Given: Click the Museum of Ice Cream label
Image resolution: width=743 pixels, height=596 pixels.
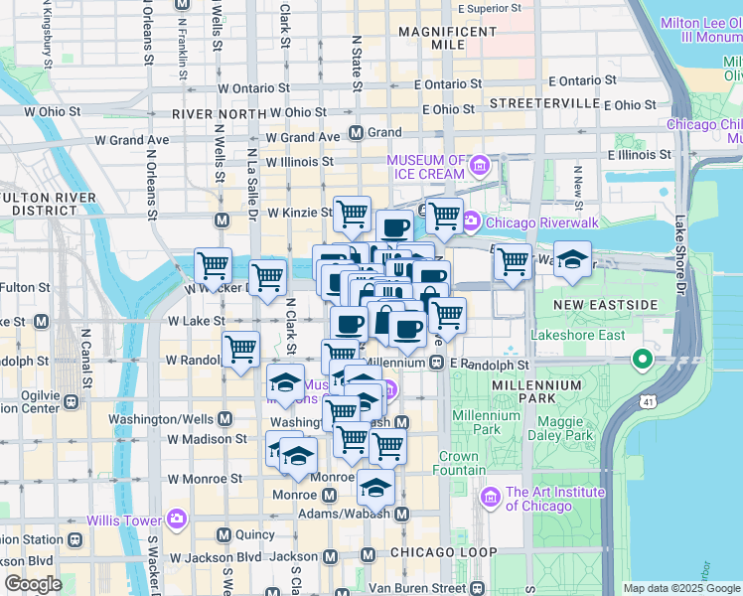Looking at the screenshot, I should coord(425,167).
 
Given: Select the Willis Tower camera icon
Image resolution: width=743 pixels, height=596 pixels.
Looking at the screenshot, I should coord(177,519).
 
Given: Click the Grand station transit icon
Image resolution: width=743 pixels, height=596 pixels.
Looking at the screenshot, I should coord(357,133).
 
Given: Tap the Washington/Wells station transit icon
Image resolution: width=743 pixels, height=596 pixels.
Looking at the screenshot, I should coord(224,419).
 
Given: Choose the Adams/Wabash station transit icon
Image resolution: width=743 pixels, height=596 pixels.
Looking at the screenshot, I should coord(402,515).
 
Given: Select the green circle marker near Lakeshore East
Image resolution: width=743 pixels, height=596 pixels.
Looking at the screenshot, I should coord(643,359).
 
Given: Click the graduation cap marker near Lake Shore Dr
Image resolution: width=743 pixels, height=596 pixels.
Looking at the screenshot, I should coord(572,259).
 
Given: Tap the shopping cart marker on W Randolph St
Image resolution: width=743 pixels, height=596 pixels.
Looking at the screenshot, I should coord(240,350).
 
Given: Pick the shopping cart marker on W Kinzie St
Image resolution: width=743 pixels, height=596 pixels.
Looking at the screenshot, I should coord(352,213).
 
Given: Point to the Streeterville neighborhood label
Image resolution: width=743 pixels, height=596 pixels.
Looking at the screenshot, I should coord(533,102).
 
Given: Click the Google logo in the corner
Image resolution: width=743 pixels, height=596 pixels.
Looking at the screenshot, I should coord(34,584).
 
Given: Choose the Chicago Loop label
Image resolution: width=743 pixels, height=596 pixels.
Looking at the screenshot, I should coord(442,551).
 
